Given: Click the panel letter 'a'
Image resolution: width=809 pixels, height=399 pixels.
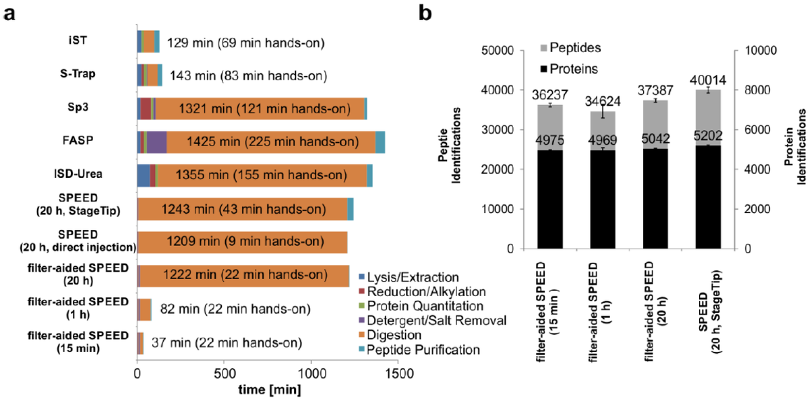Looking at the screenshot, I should pos(10,13).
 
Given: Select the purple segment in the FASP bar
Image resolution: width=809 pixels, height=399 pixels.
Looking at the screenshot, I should pos(156,142).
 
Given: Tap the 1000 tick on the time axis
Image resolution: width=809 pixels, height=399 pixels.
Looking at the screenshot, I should pos(311,373).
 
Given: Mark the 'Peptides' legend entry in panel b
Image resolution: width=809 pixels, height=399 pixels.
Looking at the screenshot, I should pos(571,49).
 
